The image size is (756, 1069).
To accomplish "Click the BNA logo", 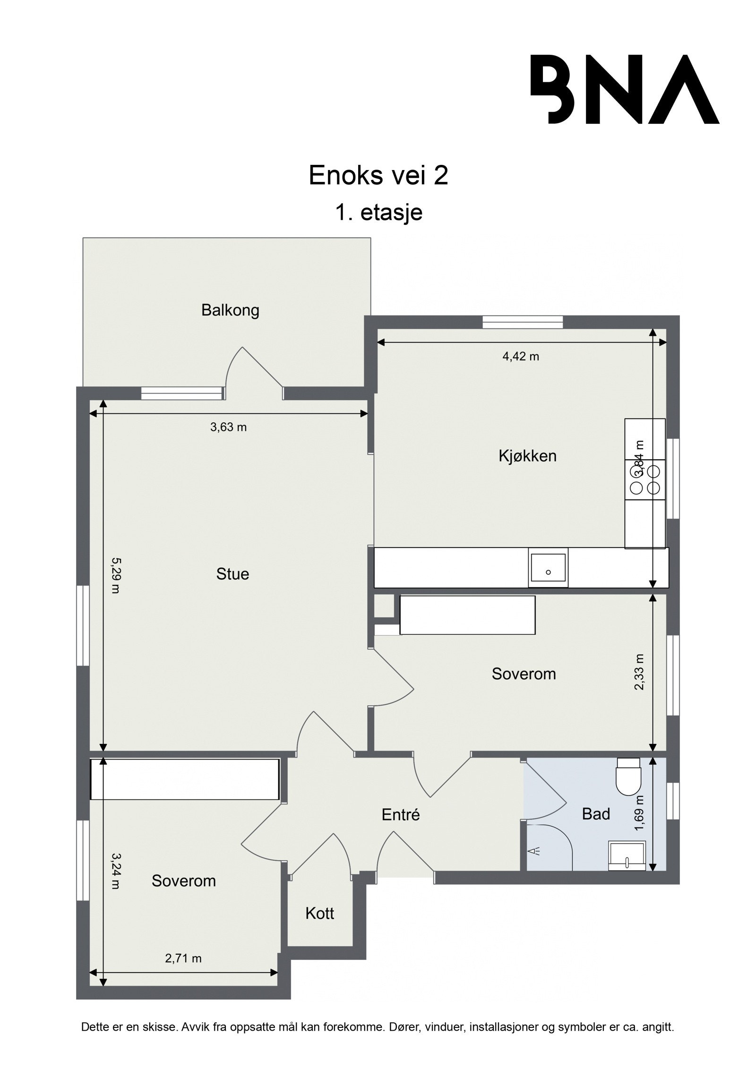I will (624, 89).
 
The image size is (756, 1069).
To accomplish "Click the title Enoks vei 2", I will (378, 176).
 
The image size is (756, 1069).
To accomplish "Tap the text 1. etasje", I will (378, 213).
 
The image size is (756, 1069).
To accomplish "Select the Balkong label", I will (230, 310).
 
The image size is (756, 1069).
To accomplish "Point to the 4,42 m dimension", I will (520, 357).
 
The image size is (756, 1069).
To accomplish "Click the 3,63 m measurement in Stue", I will (228, 428).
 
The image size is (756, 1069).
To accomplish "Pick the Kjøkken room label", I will (527, 456).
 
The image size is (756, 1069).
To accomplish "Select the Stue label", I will (232, 574).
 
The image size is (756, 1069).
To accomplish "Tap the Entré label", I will (401, 814).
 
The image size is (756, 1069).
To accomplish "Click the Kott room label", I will (319, 913).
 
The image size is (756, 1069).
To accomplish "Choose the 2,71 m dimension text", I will (183, 958).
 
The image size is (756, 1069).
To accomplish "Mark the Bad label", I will (596, 813).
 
